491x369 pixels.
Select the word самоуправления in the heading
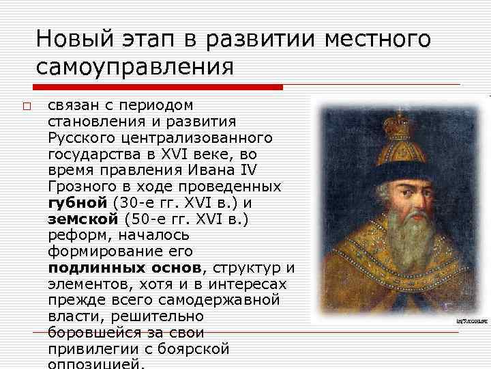(135, 67)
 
